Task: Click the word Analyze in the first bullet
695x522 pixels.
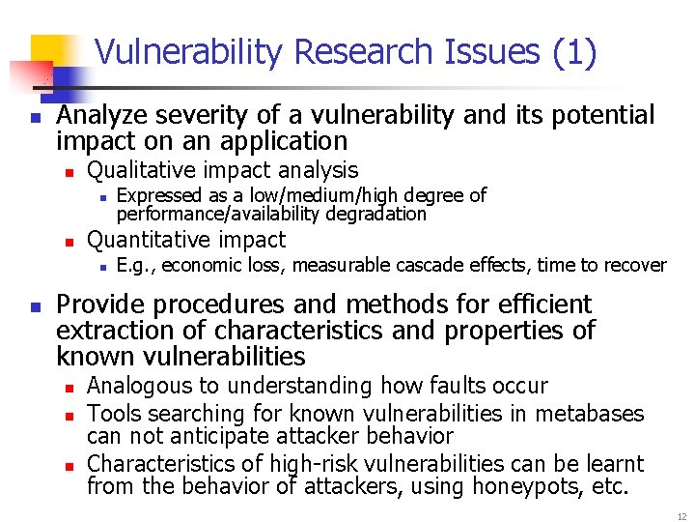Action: (x=101, y=115)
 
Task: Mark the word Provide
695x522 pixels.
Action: (x=100, y=304)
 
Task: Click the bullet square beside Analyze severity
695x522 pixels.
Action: (x=34, y=117)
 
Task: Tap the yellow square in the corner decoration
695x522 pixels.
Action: (x=53, y=53)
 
